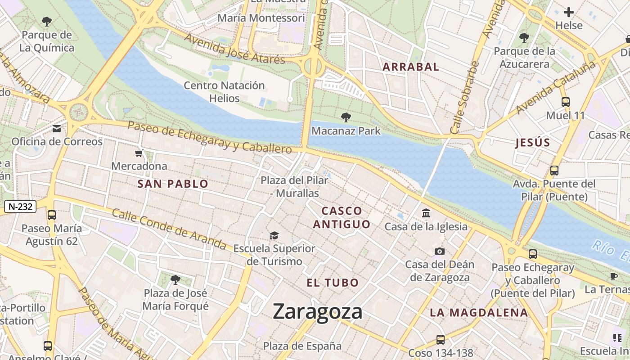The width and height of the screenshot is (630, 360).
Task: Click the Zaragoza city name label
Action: [x=317, y=311]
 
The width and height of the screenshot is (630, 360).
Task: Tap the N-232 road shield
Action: [x=20, y=207]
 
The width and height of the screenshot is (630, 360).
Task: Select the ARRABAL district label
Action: [x=410, y=67]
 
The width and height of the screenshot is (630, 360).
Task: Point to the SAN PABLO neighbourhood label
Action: [x=173, y=184]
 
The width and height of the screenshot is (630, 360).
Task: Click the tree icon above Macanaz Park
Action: [x=346, y=118]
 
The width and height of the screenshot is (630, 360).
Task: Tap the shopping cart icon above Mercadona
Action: [x=139, y=153]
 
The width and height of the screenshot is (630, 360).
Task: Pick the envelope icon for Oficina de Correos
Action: [x=57, y=129]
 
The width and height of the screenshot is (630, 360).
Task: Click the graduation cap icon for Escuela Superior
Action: [x=274, y=235]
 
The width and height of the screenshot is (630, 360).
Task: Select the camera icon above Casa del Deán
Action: [x=440, y=251]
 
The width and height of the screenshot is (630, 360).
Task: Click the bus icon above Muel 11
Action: [x=566, y=102]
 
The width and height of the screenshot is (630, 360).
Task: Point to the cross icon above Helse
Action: [x=569, y=12]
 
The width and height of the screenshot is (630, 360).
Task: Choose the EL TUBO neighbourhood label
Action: [x=333, y=283]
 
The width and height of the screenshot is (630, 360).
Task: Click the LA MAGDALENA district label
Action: [x=478, y=312]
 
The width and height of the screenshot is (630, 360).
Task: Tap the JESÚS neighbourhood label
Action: [x=533, y=143]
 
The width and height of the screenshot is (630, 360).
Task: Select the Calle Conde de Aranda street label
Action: [x=169, y=229]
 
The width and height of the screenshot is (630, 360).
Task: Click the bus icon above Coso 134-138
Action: [x=440, y=340]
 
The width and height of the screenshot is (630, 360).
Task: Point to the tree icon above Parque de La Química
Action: [x=46, y=21]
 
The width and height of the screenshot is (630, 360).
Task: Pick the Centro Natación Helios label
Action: [x=224, y=91]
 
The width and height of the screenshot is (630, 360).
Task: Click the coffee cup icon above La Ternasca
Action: [x=613, y=276]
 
